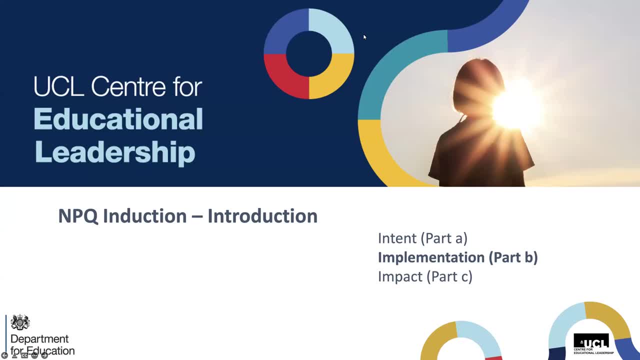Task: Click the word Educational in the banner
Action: pos(118,119)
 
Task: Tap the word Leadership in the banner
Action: pos(114,151)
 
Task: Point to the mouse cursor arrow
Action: pos(364,36)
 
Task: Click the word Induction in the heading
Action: pos(145,216)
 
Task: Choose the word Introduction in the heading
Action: pos(262,216)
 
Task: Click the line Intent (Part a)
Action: pos(422,238)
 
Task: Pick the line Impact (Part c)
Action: pos(425,276)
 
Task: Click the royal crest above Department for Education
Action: pos(20,322)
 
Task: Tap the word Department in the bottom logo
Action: pos(39,339)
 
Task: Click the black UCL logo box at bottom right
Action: pos(591,342)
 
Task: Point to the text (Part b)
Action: pos(513,257)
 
